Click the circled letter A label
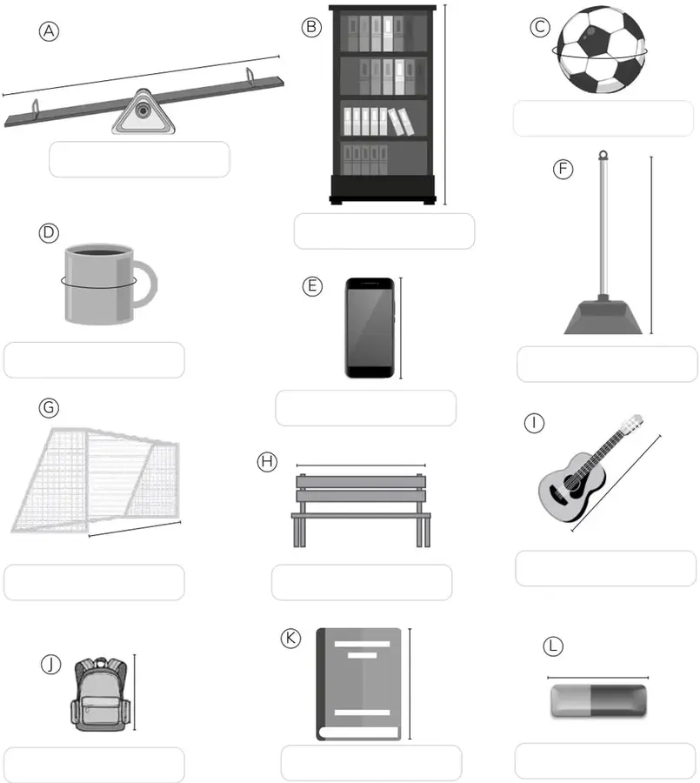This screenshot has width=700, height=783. point(49,31)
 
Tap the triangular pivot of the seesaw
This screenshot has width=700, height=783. point(143,112)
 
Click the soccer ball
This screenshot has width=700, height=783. point(601,50)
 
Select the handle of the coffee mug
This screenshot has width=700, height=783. point(146,284)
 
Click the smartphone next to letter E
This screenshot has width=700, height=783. point(370,328)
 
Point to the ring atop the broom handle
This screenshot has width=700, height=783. point(603,155)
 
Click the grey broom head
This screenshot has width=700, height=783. point(603,316)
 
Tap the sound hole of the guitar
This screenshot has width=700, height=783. point(571,484)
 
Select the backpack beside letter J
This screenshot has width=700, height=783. point(100,694)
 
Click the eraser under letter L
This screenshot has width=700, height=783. point(598,700)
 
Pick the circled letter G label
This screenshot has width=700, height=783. point(49,408)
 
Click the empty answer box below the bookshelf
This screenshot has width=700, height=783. point(384,231)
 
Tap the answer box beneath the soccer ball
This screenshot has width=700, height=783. point(603,118)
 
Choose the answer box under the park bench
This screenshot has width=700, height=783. point(362,582)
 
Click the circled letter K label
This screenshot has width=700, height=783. point(290,639)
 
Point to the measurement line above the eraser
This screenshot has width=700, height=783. point(598,678)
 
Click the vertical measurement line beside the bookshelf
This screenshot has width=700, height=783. point(445,104)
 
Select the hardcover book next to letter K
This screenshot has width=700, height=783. point(359,684)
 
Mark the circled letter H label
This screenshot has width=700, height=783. point(267,462)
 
